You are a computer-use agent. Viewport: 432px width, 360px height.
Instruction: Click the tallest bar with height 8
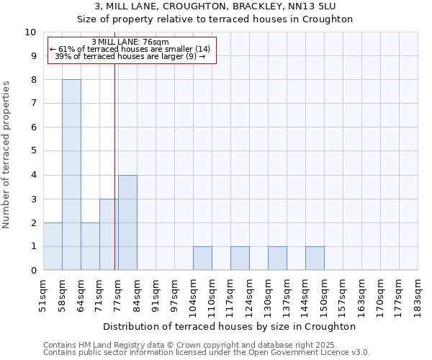point(71,175)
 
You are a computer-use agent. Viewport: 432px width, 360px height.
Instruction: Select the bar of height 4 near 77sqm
point(127,222)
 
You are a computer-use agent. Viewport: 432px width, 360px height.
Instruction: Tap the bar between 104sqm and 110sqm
point(202,258)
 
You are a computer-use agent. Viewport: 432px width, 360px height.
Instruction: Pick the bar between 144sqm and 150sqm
point(315,258)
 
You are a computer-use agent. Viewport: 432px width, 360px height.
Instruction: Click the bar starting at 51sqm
point(53,246)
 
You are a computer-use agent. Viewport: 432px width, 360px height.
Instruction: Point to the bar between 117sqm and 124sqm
point(240,258)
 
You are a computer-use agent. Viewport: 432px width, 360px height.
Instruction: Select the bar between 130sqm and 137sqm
point(277,258)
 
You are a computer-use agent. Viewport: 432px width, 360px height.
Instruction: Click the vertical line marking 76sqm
point(115,144)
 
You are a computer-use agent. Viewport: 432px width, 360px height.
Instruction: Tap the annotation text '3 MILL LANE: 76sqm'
point(131,42)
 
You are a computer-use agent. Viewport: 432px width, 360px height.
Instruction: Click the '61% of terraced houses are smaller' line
point(131,49)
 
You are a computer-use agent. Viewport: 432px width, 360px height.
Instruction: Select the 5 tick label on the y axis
point(33,151)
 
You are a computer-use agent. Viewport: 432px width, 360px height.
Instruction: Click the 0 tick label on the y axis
point(33,271)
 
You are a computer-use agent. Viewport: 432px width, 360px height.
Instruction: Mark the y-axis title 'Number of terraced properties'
point(6,155)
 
